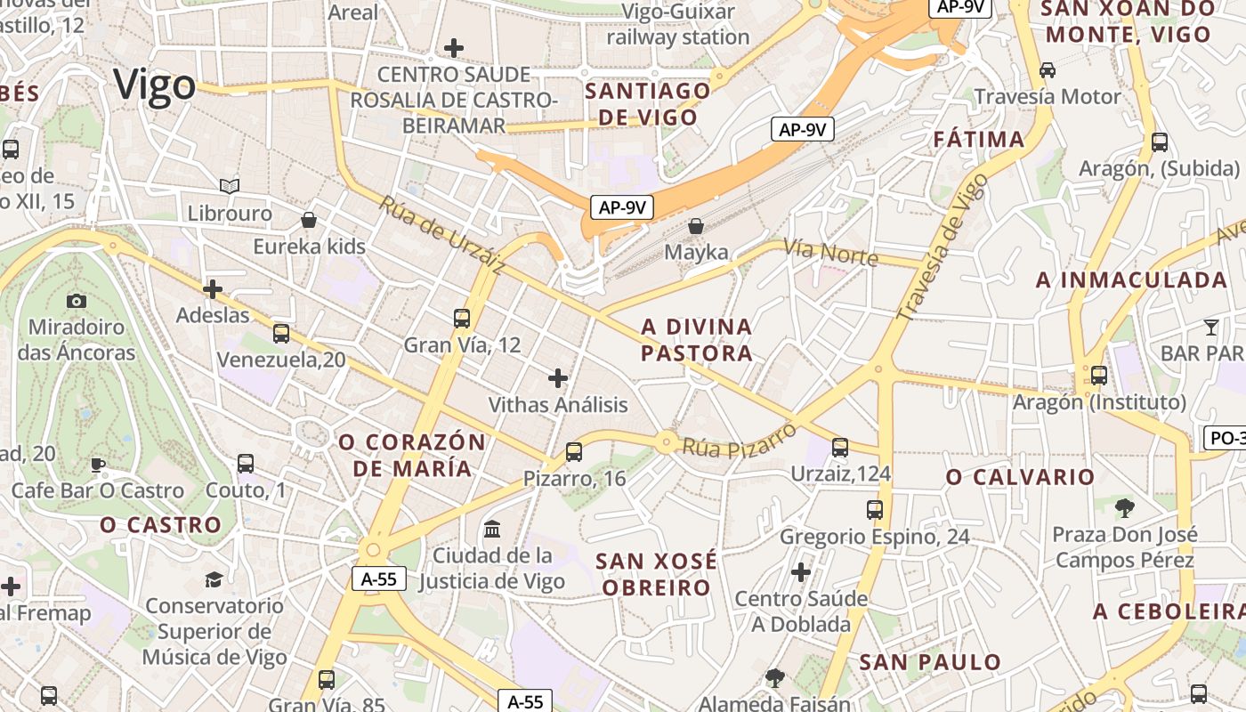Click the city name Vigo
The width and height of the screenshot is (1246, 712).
click(x=155, y=85)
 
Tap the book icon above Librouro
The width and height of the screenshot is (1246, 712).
click(x=230, y=186)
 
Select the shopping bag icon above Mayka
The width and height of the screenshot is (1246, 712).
click(x=696, y=226)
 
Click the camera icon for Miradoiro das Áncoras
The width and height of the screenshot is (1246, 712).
click(x=77, y=301)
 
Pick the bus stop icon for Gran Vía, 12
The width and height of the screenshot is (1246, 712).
click(x=461, y=318)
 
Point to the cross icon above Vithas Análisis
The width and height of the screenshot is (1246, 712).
click(x=558, y=378)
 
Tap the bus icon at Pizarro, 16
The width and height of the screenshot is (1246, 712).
click(x=574, y=452)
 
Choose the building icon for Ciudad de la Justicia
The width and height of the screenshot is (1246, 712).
click(x=491, y=530)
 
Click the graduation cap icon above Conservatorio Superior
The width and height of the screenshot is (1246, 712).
click(x=214, y=580)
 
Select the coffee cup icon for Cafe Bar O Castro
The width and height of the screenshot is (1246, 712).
click(x=98, y=465)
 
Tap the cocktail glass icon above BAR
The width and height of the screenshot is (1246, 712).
click(x=1210, y=328)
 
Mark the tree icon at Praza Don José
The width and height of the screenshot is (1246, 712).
click(x=1125, y=508)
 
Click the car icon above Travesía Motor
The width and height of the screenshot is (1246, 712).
click(x=1048, y=69)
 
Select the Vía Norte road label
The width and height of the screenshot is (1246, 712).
click(x=830, y=253)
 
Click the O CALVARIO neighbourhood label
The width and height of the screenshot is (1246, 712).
click(x=1020, y=477)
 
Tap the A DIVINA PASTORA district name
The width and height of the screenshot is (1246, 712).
click(x=697, y=340)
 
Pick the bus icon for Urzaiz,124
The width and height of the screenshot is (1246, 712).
click(x=840, y=447)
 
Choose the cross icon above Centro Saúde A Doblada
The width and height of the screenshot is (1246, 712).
click(x=801, y=571)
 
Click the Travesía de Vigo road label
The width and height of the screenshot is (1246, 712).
click(x=942, y=247)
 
